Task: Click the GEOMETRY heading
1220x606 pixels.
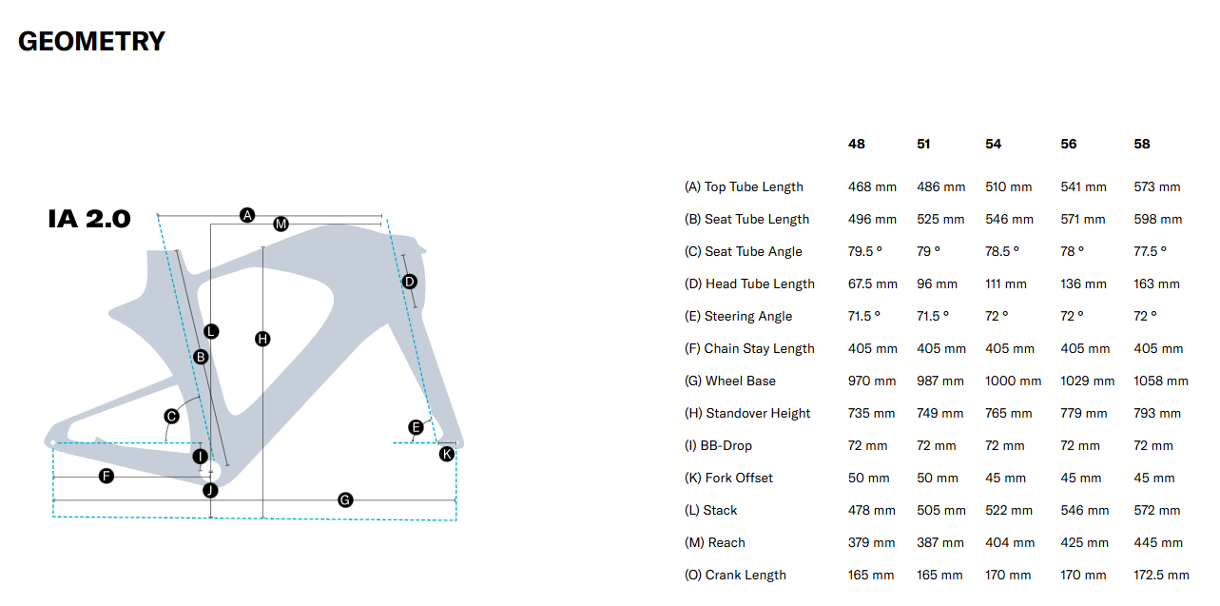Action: pyautogui.click(x=91, y=42)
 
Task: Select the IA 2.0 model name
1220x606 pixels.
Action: pyautogui.click(x=88, y=219)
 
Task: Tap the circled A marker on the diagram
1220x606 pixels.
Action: pyautogui.click(x=247, y=215)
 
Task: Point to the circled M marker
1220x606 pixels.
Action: pyautogui.click(x=281, y=225)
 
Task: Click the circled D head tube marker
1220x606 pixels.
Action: pyautogui.click(x=409, y=282)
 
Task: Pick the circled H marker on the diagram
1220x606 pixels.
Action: pyautogui.click(x=262, y=339)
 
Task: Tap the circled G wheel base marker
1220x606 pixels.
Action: pyautogui.click(x=345, y=499)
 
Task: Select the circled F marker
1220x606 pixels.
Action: pyautogui.click(x=107, y=476)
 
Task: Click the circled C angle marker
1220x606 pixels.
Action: pyautogui.click(x=172, y=416)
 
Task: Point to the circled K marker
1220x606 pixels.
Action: pyautogui.click(x=447, y=455)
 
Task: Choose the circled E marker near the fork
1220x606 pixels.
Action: pyautogui.click(x=416, y=427)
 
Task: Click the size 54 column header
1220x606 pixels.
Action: pyautogui.click(x=994, y=144)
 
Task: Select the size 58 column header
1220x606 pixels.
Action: pyautogui.click(x=1142, y=144)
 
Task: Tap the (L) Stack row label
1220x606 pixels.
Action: pyautogui.click(x=710, y=511)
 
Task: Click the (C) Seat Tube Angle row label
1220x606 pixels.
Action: pyautogui.click(x=743, y=252)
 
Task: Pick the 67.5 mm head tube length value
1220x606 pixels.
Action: pyautogui.click(x=873, y=284)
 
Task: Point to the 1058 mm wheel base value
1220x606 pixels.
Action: pyautogui.click(x=1161, y=381)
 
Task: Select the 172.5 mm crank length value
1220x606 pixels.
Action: pyautogui.click(x=1162, y=576)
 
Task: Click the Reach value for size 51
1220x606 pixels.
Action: pyautogui.click(x=940, y=543)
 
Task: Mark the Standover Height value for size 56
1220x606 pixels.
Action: pyautogui.click(x=1084, y=414)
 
